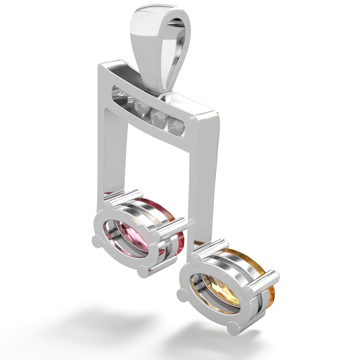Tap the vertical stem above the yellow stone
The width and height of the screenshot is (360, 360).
(x=207, y=187)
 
